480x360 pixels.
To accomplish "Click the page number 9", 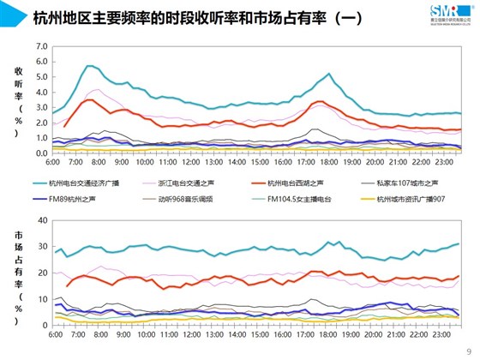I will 467,349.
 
